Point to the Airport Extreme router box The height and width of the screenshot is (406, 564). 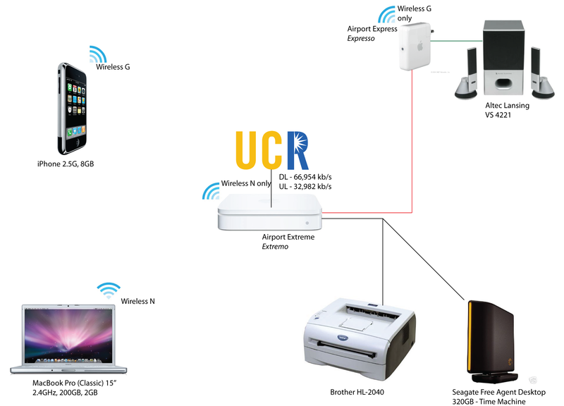(x=271, y=214)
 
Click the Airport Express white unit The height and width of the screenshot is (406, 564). (x=415, y=48)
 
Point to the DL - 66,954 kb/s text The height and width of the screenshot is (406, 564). (x=305, y=176)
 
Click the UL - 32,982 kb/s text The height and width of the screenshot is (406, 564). (x=305, y=186)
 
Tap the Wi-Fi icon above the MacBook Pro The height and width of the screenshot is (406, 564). (x=108, y=290)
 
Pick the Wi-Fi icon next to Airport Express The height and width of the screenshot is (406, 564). (x=387, y=16)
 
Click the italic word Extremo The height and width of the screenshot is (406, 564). (x=276, y=247)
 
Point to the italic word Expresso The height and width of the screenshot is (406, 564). (x=361, y=39)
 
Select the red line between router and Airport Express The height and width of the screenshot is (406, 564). (x=412, y=141)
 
